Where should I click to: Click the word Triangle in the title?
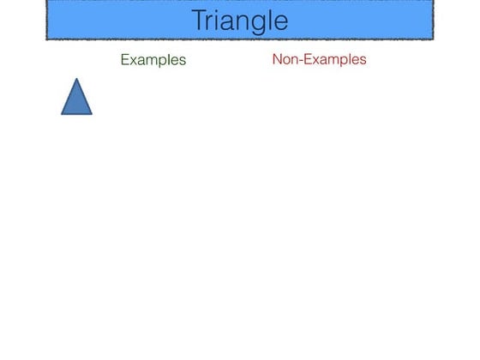(239, 20)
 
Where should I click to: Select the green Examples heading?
(153, 60)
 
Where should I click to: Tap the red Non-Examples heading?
(319, 59)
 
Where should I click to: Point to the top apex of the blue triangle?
(76, 79)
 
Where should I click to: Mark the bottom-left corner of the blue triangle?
(62, 114)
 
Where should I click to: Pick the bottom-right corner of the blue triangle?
(92, 114)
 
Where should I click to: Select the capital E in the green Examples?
(124, 60)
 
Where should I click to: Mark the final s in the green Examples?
(182, 61)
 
